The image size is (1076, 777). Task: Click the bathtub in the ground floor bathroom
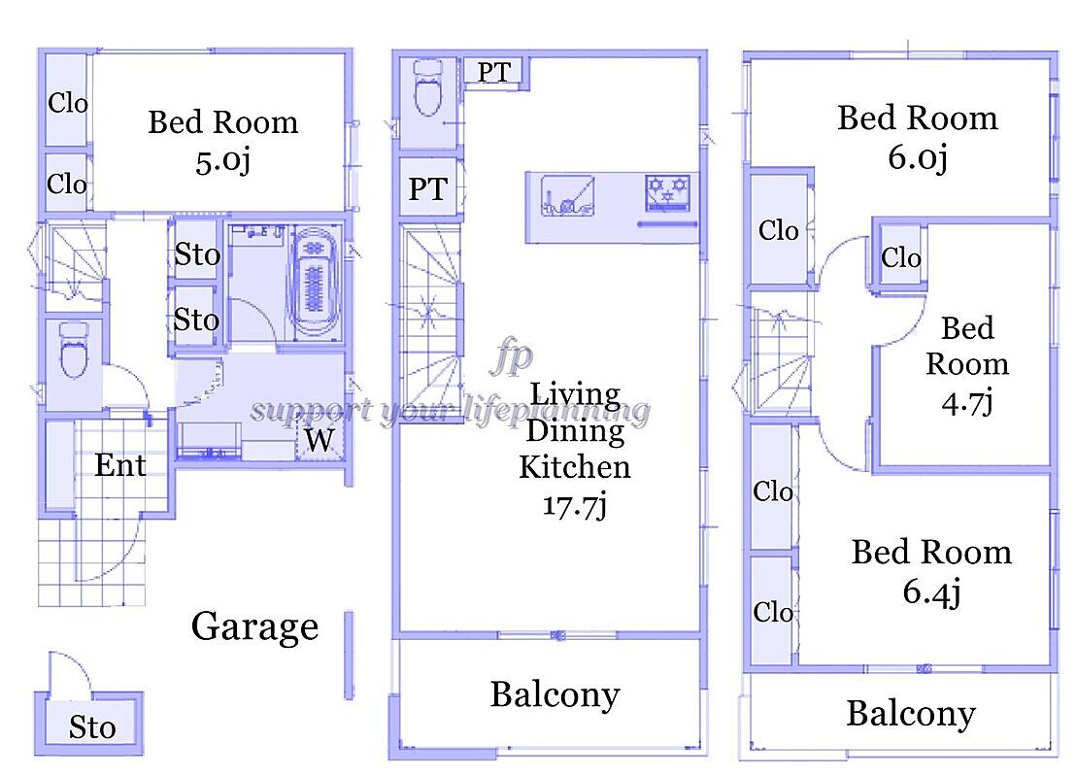click(315, 284)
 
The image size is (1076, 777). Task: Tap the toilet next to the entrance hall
click(74, 351)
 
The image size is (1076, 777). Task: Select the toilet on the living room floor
click(428, 87)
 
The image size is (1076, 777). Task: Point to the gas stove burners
click(667, 191)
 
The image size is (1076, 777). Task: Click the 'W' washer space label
click(319, 440)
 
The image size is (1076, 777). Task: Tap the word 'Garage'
click(254, 626)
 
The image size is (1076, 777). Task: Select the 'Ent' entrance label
click(120, 465)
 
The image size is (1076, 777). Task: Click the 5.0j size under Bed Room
click(222, 162)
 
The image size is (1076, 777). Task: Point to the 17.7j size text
click(575, 506)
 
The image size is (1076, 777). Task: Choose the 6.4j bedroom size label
click(931, 592)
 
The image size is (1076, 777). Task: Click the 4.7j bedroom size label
click(967, 402)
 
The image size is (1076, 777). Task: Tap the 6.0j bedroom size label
click(918, 157)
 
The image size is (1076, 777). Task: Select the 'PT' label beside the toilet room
click(493, 72)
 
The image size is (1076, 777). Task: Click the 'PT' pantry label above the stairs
click(427, 188)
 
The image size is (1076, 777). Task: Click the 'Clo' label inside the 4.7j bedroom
click(900, 258)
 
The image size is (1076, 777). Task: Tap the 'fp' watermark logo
click(512, 356)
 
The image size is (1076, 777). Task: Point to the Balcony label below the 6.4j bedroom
click(911, 714)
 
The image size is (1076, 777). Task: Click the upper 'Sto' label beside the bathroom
click(197, 254)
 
